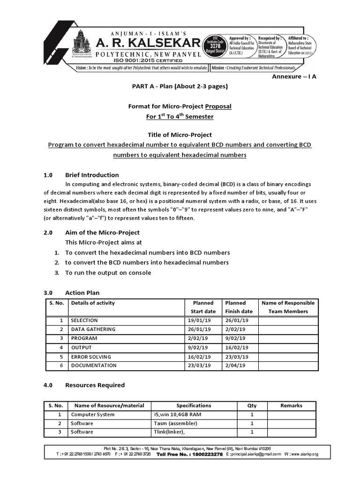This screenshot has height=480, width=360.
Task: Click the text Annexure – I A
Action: tap(294, 76)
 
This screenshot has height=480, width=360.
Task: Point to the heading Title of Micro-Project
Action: tap(180, 135)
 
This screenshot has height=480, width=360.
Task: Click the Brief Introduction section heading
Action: tap(92, 175)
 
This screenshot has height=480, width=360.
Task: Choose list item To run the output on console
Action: tap(108, 272)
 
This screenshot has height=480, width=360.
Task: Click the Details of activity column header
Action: tap(93, 303)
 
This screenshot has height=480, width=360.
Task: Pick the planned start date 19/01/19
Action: tap(199, 320)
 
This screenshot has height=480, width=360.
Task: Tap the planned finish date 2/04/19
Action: tap(237, 365)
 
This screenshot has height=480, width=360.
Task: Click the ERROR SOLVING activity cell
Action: tap(91, 356)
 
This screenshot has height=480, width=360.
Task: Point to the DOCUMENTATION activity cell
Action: tap(94, 365)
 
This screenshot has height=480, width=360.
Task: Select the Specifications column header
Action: tap(194, 405)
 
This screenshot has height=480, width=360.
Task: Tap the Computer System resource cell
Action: tap(92, 414)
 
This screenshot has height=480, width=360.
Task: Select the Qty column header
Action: tap(252, 405)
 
